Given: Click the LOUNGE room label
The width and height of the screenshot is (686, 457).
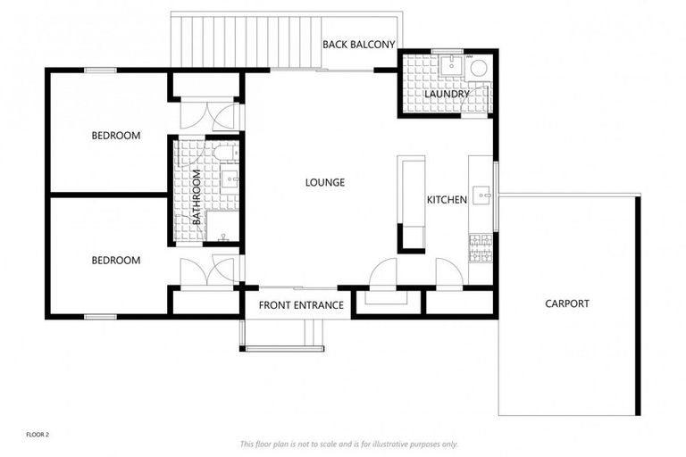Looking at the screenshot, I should coord(324,183).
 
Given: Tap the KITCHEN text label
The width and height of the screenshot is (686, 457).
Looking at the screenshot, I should coord(446,200).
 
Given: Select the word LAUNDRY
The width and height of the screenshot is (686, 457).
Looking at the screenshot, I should coord(447,94).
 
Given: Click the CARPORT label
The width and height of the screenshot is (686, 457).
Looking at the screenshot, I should coord(567,303).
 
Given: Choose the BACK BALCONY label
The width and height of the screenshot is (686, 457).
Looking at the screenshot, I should coord(358,44).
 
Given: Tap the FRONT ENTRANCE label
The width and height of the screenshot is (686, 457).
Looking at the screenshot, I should coord(301,305).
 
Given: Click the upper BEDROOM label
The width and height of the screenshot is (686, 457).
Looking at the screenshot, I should coord(116,136).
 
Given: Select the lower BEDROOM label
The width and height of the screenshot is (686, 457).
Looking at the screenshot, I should coord(116,261).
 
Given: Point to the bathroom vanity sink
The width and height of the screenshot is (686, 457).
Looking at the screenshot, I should coord(230,180).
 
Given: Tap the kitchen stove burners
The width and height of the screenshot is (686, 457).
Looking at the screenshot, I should coord(481,248).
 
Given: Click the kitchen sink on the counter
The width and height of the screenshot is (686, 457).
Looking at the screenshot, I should coord(482,195).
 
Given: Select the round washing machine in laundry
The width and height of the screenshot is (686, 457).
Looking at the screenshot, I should coord(478,67).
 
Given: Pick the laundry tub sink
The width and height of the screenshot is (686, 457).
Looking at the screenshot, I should coord(452,63).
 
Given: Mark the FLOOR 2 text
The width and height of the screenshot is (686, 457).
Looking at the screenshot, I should coord(38,435).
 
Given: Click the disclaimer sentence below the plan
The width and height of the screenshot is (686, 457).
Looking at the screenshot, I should coord(348,444).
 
